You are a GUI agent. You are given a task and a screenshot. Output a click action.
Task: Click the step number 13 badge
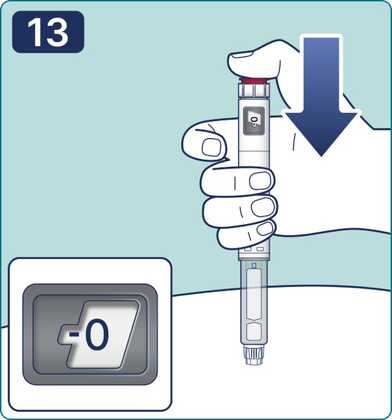48,32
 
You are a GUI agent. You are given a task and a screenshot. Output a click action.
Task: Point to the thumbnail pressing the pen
242,55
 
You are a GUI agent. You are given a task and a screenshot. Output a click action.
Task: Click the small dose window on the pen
253,121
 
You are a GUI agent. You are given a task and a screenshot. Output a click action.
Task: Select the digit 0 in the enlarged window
97,335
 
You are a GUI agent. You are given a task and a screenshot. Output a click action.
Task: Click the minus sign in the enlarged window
74,334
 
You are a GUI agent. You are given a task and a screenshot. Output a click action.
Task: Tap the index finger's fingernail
211,147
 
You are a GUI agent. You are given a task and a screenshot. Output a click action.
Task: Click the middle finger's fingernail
260,181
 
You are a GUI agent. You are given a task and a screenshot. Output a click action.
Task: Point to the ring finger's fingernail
263,206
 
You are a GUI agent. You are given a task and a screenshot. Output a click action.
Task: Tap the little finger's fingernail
265,228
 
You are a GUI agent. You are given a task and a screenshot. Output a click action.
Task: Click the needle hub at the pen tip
253,355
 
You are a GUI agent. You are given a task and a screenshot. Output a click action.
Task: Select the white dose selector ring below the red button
253,90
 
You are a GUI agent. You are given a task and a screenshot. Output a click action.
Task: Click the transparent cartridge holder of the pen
253,302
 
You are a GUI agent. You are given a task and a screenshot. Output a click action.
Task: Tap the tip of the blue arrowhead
321,156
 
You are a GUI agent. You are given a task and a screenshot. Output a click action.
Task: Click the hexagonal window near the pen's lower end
253,332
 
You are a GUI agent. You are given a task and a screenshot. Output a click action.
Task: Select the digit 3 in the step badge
57,32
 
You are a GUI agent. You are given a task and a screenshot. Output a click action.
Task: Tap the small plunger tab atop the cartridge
254,266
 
